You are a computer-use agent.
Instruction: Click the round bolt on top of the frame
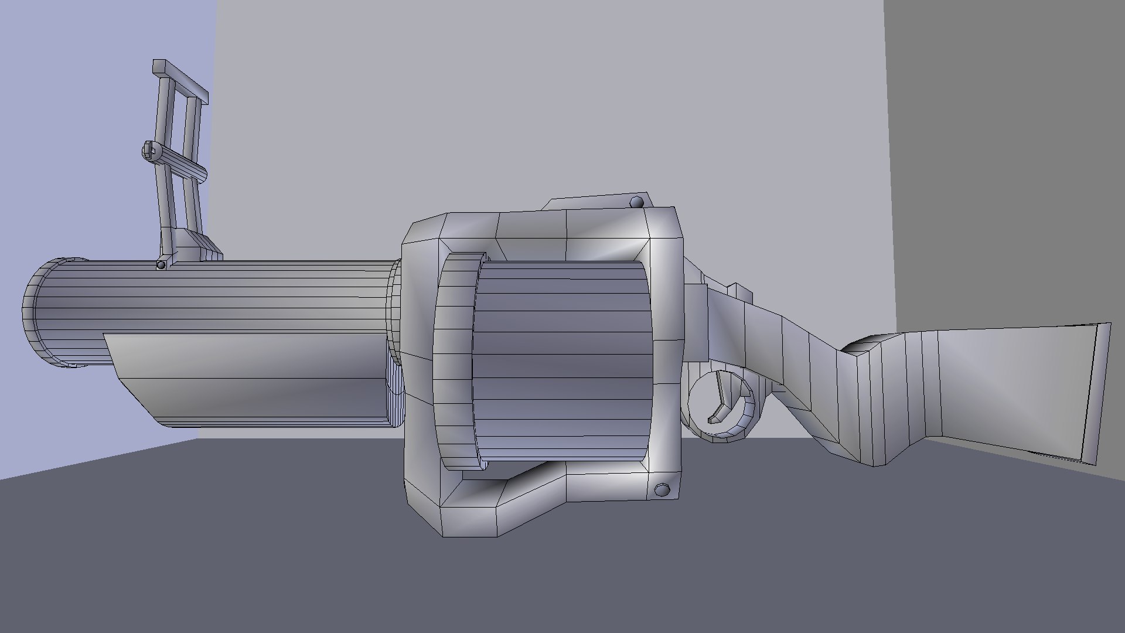(x=637, y=203)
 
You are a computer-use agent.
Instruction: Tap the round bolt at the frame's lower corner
(x=663, y=473)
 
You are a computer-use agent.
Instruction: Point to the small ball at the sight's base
(x=161, y=266)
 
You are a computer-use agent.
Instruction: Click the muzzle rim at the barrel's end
(x=35, y=314)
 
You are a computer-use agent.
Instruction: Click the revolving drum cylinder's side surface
(x=562, y=363)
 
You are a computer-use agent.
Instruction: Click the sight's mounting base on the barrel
(x=196, y=246)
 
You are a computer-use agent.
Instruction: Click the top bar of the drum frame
(x=545, y=234)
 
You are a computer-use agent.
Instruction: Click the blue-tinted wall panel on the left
(x=88, y=176)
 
